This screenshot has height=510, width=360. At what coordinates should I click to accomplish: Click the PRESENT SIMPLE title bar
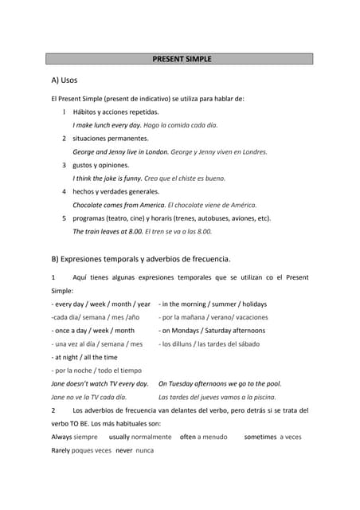pyautogui.click(x=182, y=59)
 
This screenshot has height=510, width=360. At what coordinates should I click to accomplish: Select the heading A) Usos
pyautogui.click(x=64, y=80)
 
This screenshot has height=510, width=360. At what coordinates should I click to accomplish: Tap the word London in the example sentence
pyautogui.click(x=156, y=151)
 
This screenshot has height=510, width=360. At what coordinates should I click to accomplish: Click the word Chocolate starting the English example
pyautogui.click(x=91, y=205)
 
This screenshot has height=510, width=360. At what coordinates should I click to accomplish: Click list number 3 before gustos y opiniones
pyautogui.click(x=64, y=165)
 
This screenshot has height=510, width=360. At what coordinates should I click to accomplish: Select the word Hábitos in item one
pyautogui.click(x=86, y=112)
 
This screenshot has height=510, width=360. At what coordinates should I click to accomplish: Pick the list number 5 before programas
pyautogui.click(x=64, y=218)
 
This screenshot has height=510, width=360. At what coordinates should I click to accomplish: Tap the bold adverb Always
pyautogui.click(x=61, y=437)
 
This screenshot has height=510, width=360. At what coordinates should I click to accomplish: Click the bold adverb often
pyautogui.click(x=187, y=437)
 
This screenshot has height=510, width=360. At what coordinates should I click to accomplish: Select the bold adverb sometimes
pyautogui.click(x=260, y=437)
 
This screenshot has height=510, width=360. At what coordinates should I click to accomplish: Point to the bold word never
pyautogui.click(x=123, y=450)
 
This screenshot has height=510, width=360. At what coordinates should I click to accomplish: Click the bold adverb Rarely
pyautogui.click(x=61, y=450)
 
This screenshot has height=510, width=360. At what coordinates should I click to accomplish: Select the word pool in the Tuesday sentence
pyautogui.click(x=272, y=383)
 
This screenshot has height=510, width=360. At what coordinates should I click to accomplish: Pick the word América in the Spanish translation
pyautogui.click(x=241, y=205)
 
